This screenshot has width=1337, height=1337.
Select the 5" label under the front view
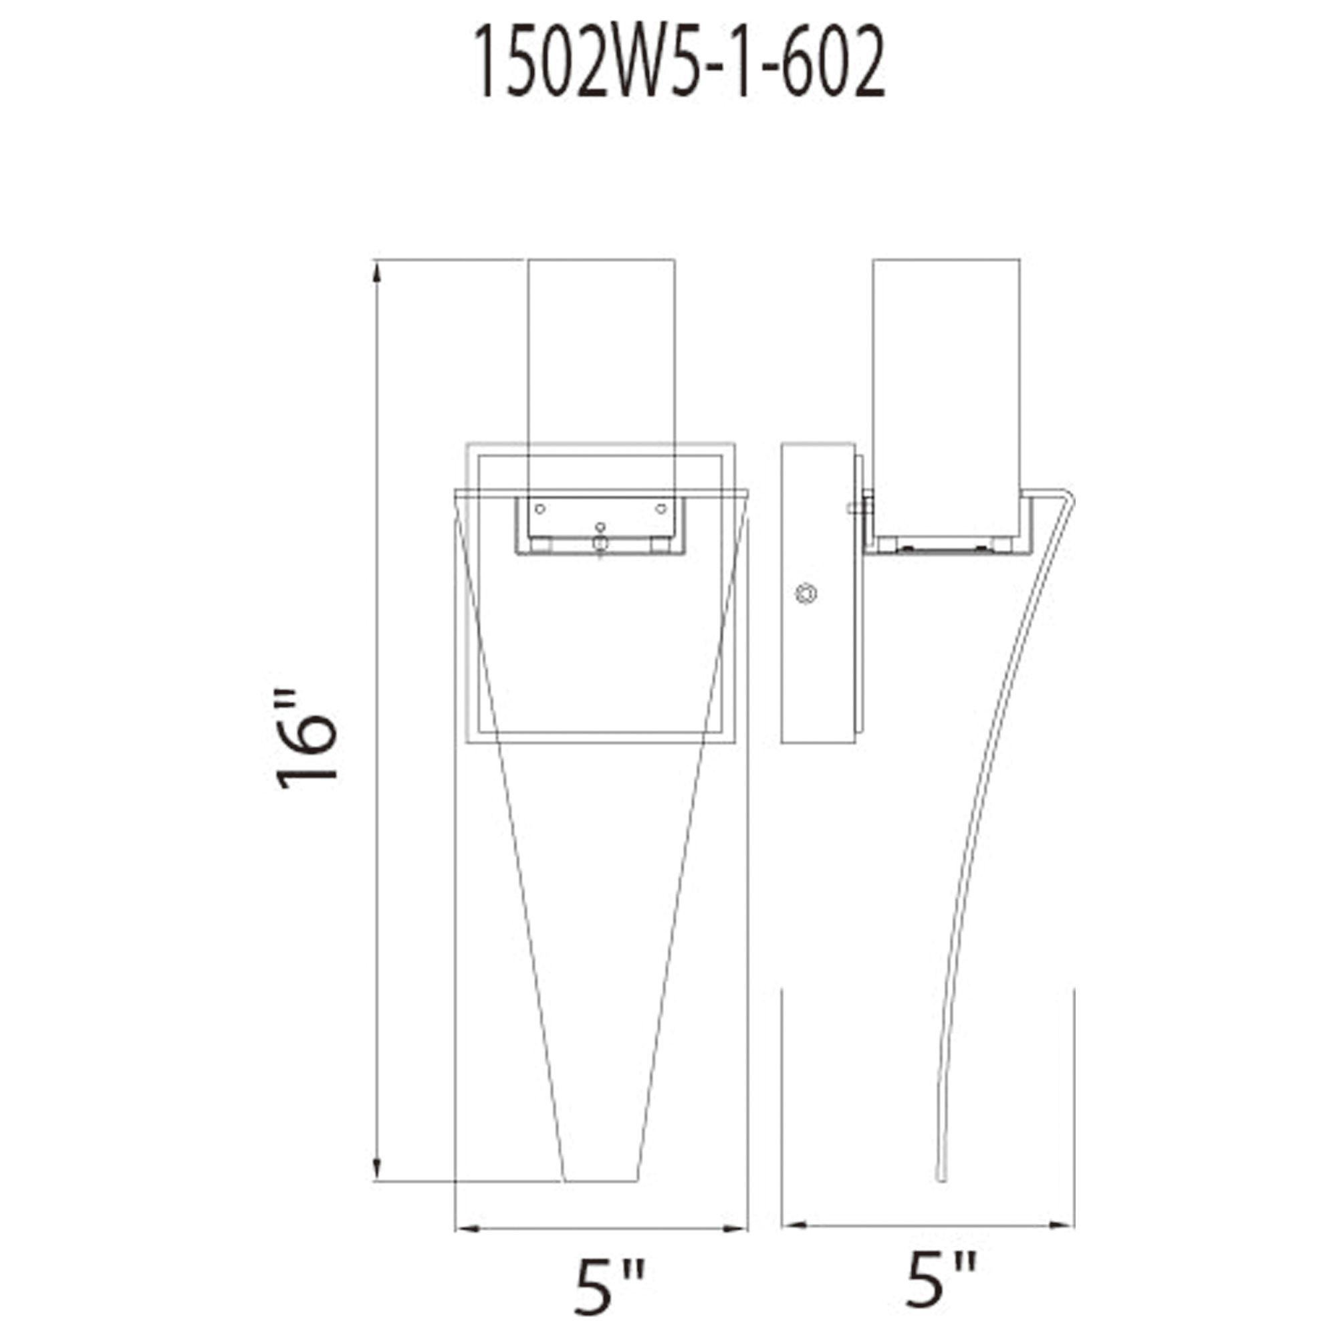[x=609, y=1287]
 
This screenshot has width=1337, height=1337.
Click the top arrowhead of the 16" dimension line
[x=377, y=273]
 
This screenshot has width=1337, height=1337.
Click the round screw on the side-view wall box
[x=806, y=593]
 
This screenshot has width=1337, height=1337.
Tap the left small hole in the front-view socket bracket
[x=540, y=509]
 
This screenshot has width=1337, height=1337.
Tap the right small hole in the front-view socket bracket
[x=661, y=509]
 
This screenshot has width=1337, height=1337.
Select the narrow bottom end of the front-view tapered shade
[x=600, y=1179]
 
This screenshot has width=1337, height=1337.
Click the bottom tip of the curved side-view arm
[x=941, y=1178]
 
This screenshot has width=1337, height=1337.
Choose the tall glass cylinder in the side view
[x=946, y=374]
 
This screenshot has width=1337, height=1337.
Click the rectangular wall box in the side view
[x=818, y=593]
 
